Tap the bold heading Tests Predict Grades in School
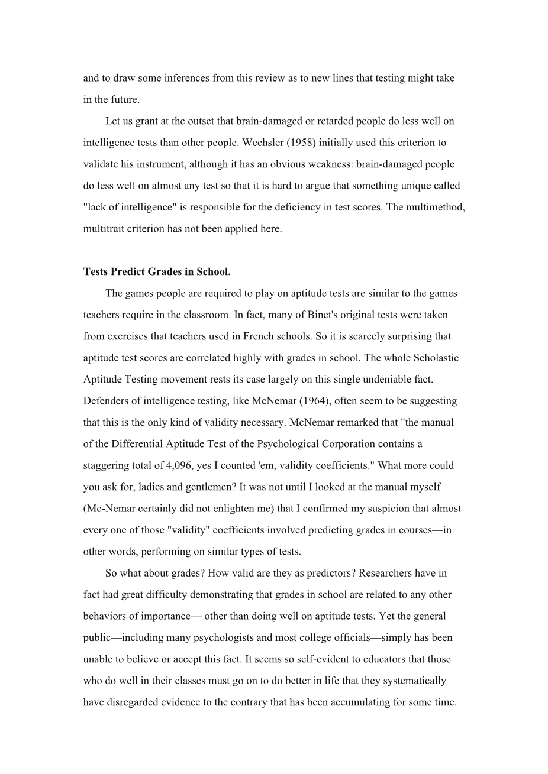(157, 271)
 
